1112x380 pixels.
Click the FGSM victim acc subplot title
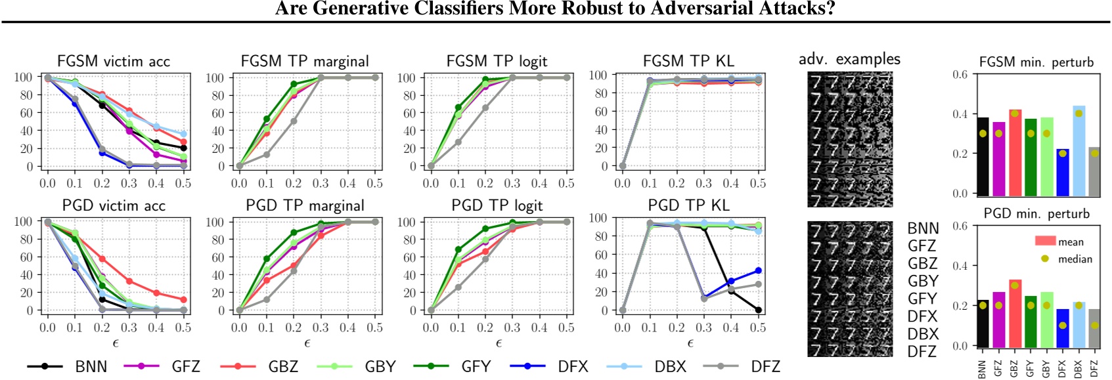pyautogui.click(x=113, y=62)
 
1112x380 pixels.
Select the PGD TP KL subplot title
pyautogui.click(x=688, y=205)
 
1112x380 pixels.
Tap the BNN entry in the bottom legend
pyautogui.click(x=91, y=366)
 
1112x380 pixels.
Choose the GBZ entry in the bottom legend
pyautogui.click(x=283, y=366)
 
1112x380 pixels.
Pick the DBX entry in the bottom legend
pyautogui.click(x=670, y=366)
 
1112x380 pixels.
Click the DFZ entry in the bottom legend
pyautogui.click(x=765, y=366)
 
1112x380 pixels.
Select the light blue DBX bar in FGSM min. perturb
pyautogui.click(x=1079, y=151)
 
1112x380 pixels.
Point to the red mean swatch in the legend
pyautogui.click(x=1045, y=242)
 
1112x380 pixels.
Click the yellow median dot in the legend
pyautogui.click(x=1045, y=259)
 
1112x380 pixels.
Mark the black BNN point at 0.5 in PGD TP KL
pyautogui.click(x=758, y=310)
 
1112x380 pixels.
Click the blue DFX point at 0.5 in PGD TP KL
pyautogui.click(x=758, y=270)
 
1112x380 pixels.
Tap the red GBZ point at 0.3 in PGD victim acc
pyautogui.click(x=129, y=282)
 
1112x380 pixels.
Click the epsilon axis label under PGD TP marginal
pyautogui.click(x=307, y=343)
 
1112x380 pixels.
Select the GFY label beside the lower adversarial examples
pyautogui.click(x=922, y=299)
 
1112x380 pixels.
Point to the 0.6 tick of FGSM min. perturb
pyautogui.click(x=960, y=74)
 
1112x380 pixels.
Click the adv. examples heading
pyautogui.click(x=849, y=59)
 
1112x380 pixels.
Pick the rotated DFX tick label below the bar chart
pyautogui.click(x=1062, y=369)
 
